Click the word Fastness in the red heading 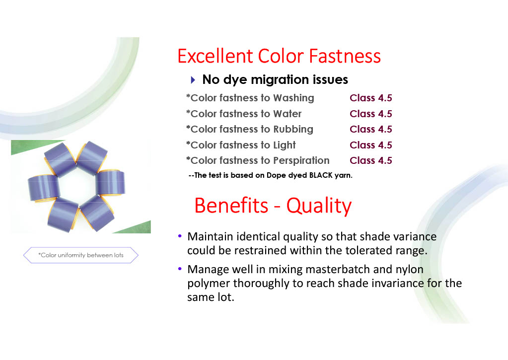pos(345,56)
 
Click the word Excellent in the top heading pos(215,56)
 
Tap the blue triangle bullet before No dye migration pos(193,80)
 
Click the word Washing pos(293,98)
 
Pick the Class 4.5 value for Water pos(371,114)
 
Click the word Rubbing pos(293,129)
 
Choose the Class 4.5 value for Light pos(371,145)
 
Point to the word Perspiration pos(301,161)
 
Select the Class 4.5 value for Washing pos(371,98)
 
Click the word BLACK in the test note pos(321,175)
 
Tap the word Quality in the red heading pos(319,206)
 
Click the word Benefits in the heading pos(231,206)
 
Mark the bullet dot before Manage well pos(180,269)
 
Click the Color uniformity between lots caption pos(80,255)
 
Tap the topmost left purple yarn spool pos(60,160)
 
